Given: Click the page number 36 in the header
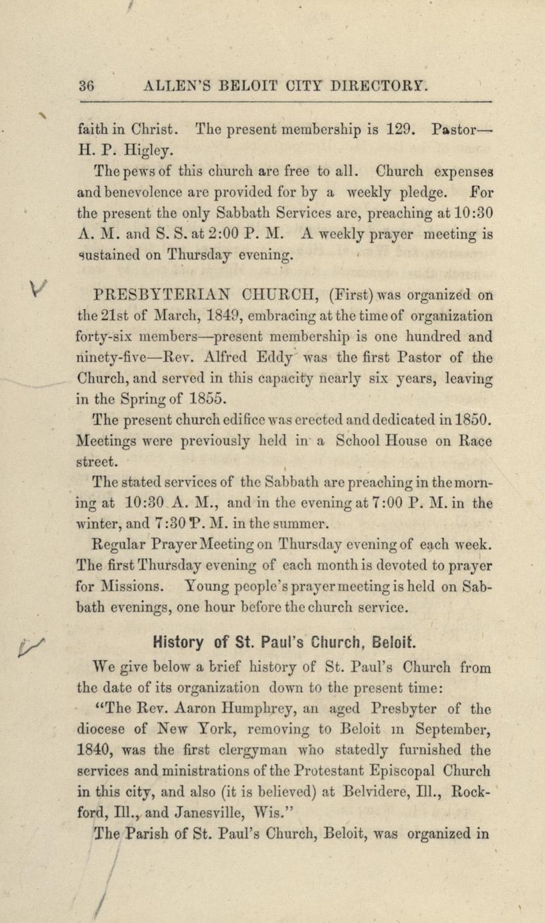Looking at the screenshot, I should pyautogui.click(x=86, y=86).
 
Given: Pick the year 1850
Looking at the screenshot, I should pyautogui.click(x=471, y=421).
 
